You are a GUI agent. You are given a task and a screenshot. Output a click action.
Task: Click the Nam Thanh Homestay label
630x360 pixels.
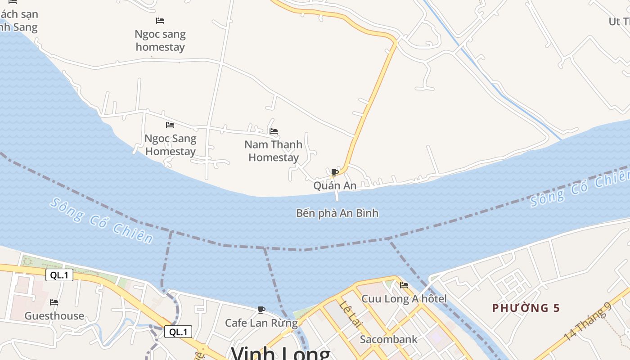click(273, 151)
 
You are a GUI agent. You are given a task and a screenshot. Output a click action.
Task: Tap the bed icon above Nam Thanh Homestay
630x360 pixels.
click(273, 131)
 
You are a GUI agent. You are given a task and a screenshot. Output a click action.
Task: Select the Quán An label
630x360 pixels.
click(335, 185)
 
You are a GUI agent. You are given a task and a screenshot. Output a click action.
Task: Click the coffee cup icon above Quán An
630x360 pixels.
click(334, 172)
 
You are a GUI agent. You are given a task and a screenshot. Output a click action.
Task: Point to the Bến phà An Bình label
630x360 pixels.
click(337, 213)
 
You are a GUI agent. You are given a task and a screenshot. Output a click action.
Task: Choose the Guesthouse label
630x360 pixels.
click(54, 316)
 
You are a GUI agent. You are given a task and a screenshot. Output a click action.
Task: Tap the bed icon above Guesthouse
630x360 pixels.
click(54, 302)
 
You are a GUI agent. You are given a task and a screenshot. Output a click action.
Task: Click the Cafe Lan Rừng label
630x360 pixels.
click(261, 323)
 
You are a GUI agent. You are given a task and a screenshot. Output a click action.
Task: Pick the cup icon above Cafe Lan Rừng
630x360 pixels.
click(261, 310)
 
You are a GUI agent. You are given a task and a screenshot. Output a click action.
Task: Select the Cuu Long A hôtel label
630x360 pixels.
click(404, 299)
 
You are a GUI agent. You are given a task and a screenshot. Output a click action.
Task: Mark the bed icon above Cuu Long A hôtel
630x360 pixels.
click(404, 285)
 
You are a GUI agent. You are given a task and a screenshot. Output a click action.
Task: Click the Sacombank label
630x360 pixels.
click(389, 339)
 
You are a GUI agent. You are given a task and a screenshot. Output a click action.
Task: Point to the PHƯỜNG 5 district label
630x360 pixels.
click(526, 308)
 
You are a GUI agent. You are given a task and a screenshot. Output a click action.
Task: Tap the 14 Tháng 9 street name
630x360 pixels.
click(588, 321)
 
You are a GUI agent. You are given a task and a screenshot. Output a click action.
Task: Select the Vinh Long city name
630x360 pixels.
click(280, 353)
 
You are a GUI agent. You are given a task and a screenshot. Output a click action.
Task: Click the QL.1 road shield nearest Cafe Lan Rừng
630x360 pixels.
click(178, 332)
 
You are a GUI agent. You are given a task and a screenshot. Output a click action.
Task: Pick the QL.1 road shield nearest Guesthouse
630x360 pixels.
click(59, 275)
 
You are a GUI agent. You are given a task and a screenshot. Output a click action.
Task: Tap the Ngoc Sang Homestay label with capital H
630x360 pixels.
click(170, 145)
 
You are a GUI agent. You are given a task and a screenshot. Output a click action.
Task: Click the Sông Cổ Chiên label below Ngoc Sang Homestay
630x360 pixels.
click(102, 220)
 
